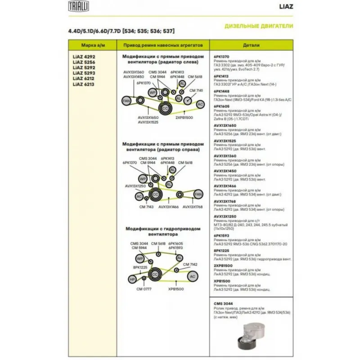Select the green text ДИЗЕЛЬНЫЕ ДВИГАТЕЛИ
(x=259, y=26)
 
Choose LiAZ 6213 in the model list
(x=84, y=84)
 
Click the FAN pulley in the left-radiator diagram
(x=126, y=99)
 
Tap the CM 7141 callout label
(x=197, y=90)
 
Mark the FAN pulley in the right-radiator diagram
(x=198, y=194)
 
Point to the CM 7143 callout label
(x=146, y=207)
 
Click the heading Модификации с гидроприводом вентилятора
(x=161, y=231)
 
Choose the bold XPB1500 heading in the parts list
(x=222, y=281)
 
